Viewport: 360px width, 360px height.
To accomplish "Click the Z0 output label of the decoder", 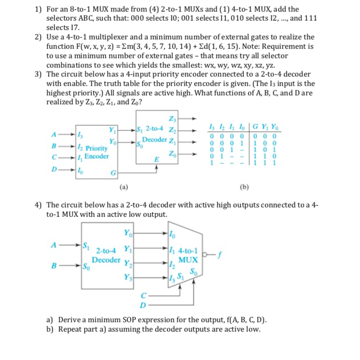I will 170,153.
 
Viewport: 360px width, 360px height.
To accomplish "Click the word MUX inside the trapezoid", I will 184,259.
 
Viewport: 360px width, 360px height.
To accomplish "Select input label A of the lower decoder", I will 53,244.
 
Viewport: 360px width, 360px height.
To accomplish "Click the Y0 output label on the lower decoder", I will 127,232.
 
